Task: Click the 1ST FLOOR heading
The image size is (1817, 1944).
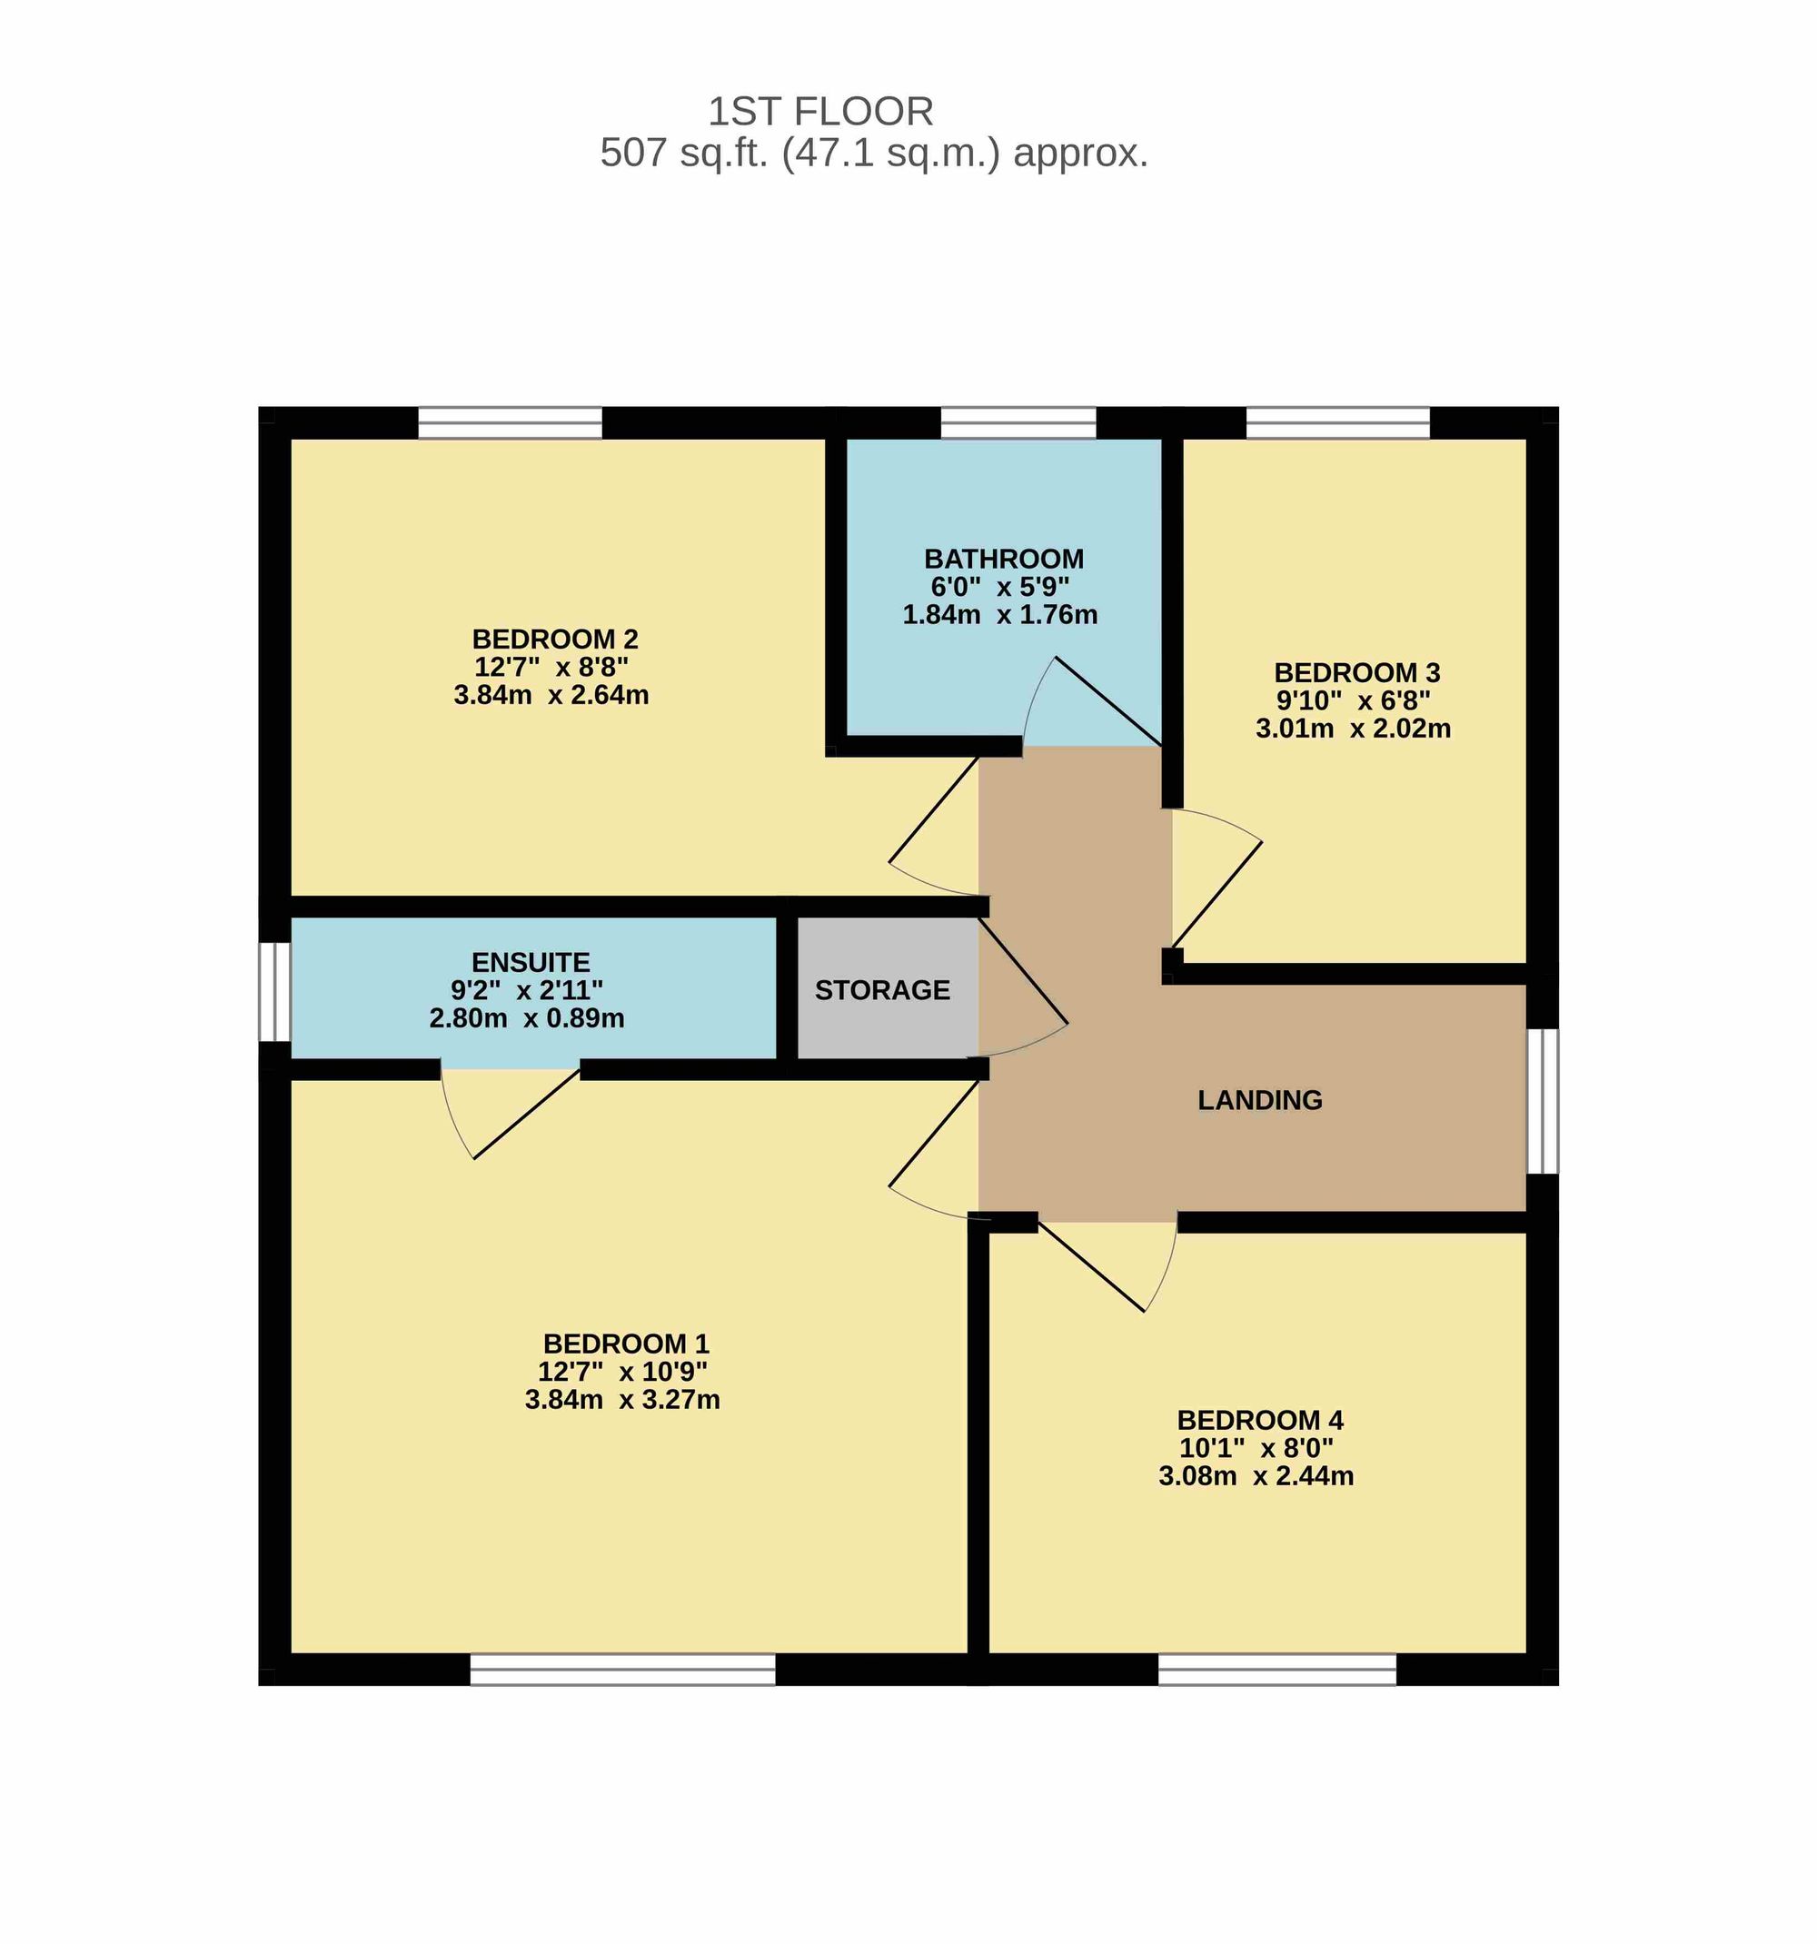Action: click(x=820, y=112)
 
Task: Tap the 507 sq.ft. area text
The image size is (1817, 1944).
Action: click(x=873, y=154)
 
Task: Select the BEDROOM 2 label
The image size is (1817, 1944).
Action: click(x=554, y=640)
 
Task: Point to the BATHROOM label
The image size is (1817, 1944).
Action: click(x=1003, y=560)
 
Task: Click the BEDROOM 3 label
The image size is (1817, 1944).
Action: click(x=1356, y=673)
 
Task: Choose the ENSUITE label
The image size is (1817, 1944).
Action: click(x=530, y=962)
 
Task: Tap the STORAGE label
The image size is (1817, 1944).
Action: click(x=882, y=990)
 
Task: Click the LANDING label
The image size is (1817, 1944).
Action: click(x=1259, y=1100)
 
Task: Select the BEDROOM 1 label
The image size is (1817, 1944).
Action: click(x=626, y=1344)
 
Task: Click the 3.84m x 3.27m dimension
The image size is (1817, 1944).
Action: click(x=622, y=1400)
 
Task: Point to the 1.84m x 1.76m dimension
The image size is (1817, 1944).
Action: click(x=999, y=615)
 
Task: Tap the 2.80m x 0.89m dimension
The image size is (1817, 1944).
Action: click(x=526, y=1019)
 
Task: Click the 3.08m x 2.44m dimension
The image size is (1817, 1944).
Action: click(x=1256, y=1475)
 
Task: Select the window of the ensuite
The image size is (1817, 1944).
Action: click(x=274, y=992)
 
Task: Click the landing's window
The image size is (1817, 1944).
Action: click(x=1543, y=1100)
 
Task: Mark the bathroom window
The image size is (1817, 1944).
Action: click(x=1018, y=422)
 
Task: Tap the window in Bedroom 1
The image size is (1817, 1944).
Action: click(x=622, y=1670)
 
